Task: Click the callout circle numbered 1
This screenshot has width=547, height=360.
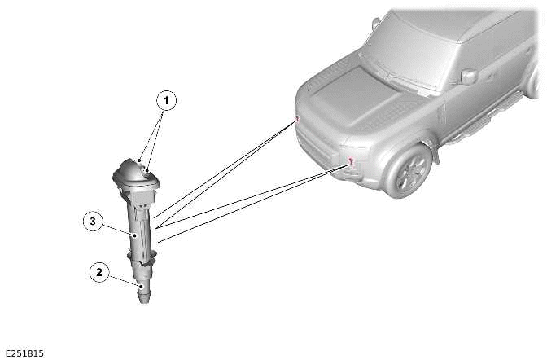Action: pyautogui.click(x=166, y=101)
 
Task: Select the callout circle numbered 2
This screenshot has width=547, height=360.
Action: pyautogui.click(x=99, y=273)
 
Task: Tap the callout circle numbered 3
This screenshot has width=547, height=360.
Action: pyautogui.click(x=94, y=221)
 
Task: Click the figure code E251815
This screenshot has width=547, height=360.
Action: pyautogui.click(x=24, y=353)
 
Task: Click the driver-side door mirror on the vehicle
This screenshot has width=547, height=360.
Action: pyautogui.click(x=469, y=77)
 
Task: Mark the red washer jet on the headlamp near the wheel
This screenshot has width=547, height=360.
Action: pyautogui.click(x=351, y=161)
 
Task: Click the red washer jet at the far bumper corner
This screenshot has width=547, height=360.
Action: pyautogui.click(x=297, y=119)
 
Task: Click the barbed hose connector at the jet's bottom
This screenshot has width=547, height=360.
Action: pyautogui.click(x=144, y=292)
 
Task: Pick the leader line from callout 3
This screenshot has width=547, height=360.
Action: pyautogui.click(x=118, y=229)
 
